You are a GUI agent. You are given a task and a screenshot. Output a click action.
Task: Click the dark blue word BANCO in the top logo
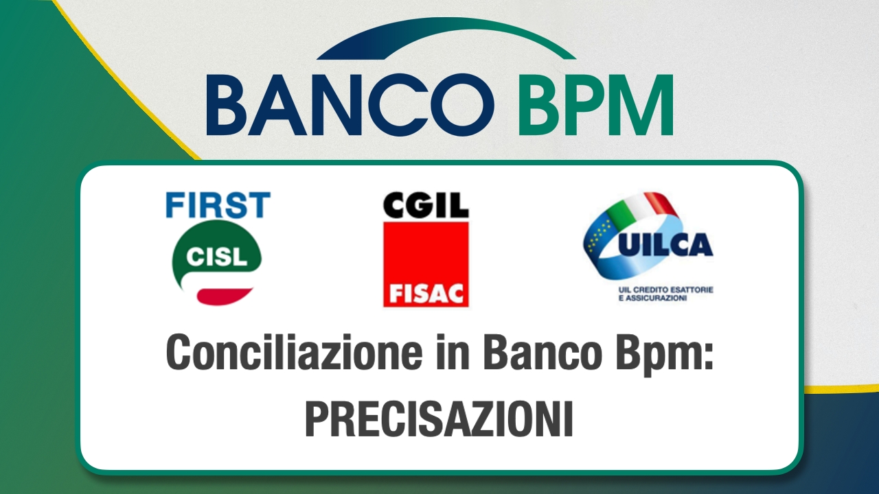[350, 105]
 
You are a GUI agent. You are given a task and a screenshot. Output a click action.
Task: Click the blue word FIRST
[218, 204]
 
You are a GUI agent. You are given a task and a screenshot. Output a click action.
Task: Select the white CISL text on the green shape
[216, 257]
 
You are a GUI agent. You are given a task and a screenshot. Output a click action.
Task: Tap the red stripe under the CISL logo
[224, 296]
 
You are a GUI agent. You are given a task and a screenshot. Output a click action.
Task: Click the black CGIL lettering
[426, 205]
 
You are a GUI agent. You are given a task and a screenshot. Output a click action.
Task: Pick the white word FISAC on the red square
[426, 293]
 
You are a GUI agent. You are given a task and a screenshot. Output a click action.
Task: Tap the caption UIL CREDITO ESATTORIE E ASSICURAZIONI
[665, 294]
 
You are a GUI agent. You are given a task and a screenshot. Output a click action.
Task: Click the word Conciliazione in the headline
[295, 351]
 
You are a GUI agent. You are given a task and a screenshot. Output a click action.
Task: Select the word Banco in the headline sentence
[543, 351]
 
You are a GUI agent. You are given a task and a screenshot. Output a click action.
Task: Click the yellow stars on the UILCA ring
[597, 235]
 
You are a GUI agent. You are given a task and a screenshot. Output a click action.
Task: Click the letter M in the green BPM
[643, 105]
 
